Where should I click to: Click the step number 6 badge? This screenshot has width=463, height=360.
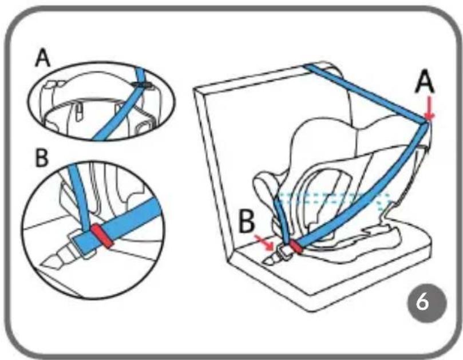tap(427, 303)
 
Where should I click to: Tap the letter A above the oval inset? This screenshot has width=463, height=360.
tap(42, 58)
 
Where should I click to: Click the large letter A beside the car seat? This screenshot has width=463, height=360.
tap(425, 84)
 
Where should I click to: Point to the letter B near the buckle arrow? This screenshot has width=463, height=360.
tap(247, 221)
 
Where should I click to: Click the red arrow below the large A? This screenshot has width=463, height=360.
tap(429, 109)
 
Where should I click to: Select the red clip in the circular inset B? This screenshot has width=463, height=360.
tap(102, 236)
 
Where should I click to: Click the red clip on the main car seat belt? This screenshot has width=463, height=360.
tap(296, 247)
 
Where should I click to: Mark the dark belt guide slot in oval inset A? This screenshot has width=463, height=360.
tap(143, 85)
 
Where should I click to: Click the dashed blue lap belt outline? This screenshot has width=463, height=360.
tap(334, 200)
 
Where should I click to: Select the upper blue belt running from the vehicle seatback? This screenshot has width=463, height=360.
tap(366, 92)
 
